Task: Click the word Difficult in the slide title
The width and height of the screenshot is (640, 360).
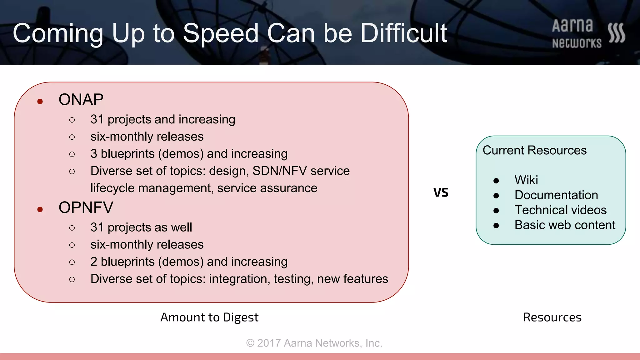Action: pos(403,33)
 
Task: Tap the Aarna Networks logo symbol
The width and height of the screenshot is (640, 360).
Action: pos(617,33)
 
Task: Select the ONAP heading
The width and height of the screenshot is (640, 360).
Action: pos(81,100)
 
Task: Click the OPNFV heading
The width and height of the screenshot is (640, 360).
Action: pos(86,207)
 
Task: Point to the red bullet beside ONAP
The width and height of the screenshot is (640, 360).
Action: pos(40,101)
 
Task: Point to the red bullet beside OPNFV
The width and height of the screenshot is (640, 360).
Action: pos(40,209)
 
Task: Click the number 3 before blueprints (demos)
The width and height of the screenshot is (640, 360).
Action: pos(94,154)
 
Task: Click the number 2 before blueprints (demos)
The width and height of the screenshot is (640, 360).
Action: pos(94,262)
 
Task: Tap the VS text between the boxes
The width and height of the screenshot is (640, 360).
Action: pos(441,192)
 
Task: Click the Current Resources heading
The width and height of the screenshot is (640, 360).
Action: pos(534,150)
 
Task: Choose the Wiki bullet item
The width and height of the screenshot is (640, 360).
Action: pos(526,180)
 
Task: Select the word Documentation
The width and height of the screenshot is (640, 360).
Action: pos(556,195)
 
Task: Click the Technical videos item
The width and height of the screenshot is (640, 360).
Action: pos(561,210)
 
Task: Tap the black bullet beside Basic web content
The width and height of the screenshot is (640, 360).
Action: pos(496,226)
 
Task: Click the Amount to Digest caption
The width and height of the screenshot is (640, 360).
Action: pos(209,317)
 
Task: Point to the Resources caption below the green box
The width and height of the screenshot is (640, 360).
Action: pos(552,317)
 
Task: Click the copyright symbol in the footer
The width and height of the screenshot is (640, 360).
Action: pos(250,343)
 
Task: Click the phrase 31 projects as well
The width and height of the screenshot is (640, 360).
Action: pos(141,227)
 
